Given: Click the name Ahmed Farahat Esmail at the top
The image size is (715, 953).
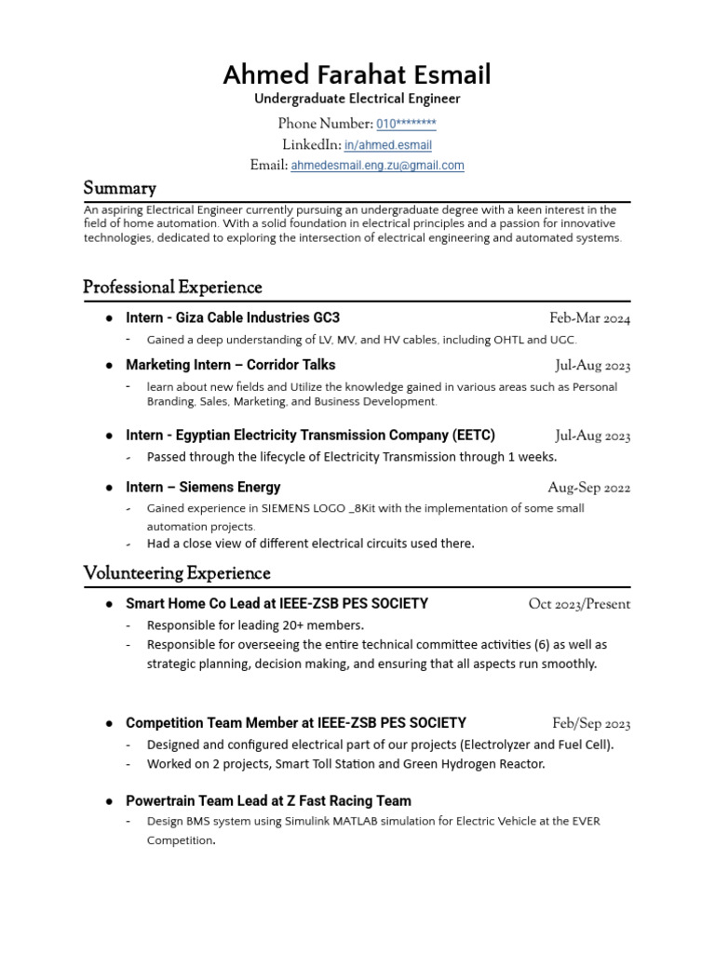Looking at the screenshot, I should (357, 74).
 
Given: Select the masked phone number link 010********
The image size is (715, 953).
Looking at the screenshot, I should (406, 124).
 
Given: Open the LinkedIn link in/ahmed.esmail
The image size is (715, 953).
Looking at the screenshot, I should (387, 145).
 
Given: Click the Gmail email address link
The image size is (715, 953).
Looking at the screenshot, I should (377, 166).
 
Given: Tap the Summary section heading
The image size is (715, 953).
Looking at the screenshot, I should (119, 188).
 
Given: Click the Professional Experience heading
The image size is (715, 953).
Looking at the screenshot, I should (172, 287).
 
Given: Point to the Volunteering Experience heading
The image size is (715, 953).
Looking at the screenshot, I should (177, 572).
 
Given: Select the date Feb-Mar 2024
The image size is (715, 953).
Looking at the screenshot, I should (589, 318).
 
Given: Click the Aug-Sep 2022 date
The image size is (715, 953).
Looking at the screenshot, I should (588, 488).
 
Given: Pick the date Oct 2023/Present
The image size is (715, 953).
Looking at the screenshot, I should (579, 604).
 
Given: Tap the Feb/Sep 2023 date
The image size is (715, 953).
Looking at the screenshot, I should (591, 723).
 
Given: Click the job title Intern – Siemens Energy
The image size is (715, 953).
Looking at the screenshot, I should (203, 487).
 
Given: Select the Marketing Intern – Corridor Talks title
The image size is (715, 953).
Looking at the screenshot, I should (230, 365).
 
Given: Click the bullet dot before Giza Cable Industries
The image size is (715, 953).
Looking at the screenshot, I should (109, 318).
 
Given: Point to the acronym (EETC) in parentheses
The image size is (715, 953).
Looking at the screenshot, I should (475, 435).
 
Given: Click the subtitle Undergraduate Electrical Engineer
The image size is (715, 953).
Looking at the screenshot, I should (357, 99).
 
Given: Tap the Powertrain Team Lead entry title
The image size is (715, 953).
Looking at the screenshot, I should (268, 800).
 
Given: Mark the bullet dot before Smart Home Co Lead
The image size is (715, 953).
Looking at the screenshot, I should (109, 604).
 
